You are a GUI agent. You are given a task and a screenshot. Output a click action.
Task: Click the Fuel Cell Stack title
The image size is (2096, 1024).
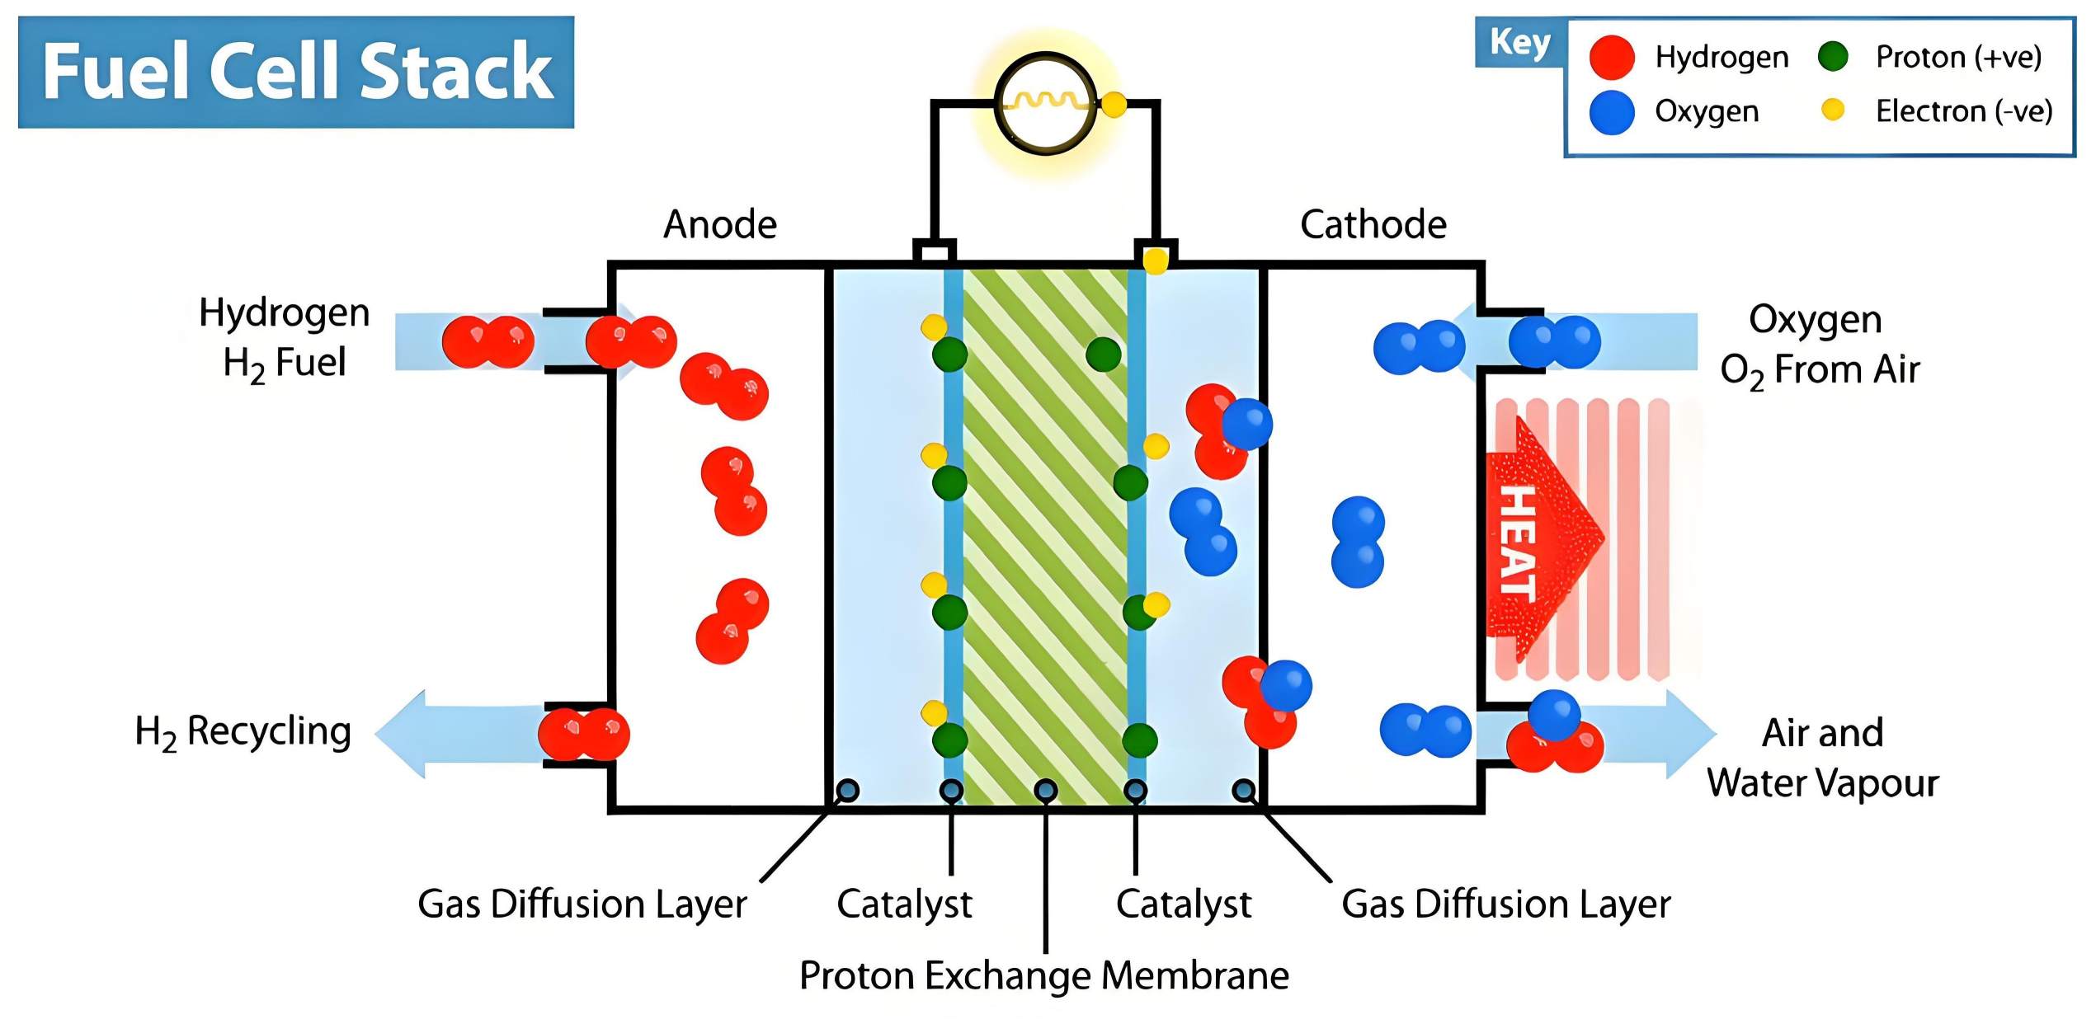[x=296, y=73]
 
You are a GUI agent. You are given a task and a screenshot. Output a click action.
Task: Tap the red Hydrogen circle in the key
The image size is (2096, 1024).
[x=1612, y=57]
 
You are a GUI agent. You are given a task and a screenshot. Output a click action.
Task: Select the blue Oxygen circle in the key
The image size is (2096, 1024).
[x=1612, y=112]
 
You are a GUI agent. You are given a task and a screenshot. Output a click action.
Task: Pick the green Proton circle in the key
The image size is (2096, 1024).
[x=1833, y=56]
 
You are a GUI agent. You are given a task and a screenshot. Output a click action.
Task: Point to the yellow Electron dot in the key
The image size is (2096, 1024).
[x=1833, y=110]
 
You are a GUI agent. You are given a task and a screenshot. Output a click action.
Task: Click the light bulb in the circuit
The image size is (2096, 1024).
[x=1045, y=103]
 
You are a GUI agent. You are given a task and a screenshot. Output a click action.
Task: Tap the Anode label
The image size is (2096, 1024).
[x=720, y=224]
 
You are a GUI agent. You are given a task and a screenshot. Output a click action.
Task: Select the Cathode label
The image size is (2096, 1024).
[x=1373, y=224]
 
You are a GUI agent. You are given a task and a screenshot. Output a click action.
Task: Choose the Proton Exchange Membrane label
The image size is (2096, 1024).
[x=1044, y=976]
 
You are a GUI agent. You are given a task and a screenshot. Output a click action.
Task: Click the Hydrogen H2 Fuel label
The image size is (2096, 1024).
[x=285, y=338]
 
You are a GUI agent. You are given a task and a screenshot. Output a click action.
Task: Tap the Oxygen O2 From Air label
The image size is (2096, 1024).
[x=1819, y=345]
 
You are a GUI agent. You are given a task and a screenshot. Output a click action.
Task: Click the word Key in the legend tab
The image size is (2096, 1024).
[x=1519, y=42]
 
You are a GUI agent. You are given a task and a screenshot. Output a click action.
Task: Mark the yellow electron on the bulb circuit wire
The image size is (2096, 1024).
[x=1114, y=105]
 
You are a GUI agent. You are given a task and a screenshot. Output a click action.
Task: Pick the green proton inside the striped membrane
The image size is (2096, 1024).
[x=1103, y=355]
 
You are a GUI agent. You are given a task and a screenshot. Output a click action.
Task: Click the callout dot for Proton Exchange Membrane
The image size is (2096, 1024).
[x=1045, y=791]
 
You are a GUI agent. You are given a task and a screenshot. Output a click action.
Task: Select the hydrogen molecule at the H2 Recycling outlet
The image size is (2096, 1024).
[x=584, y=734]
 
